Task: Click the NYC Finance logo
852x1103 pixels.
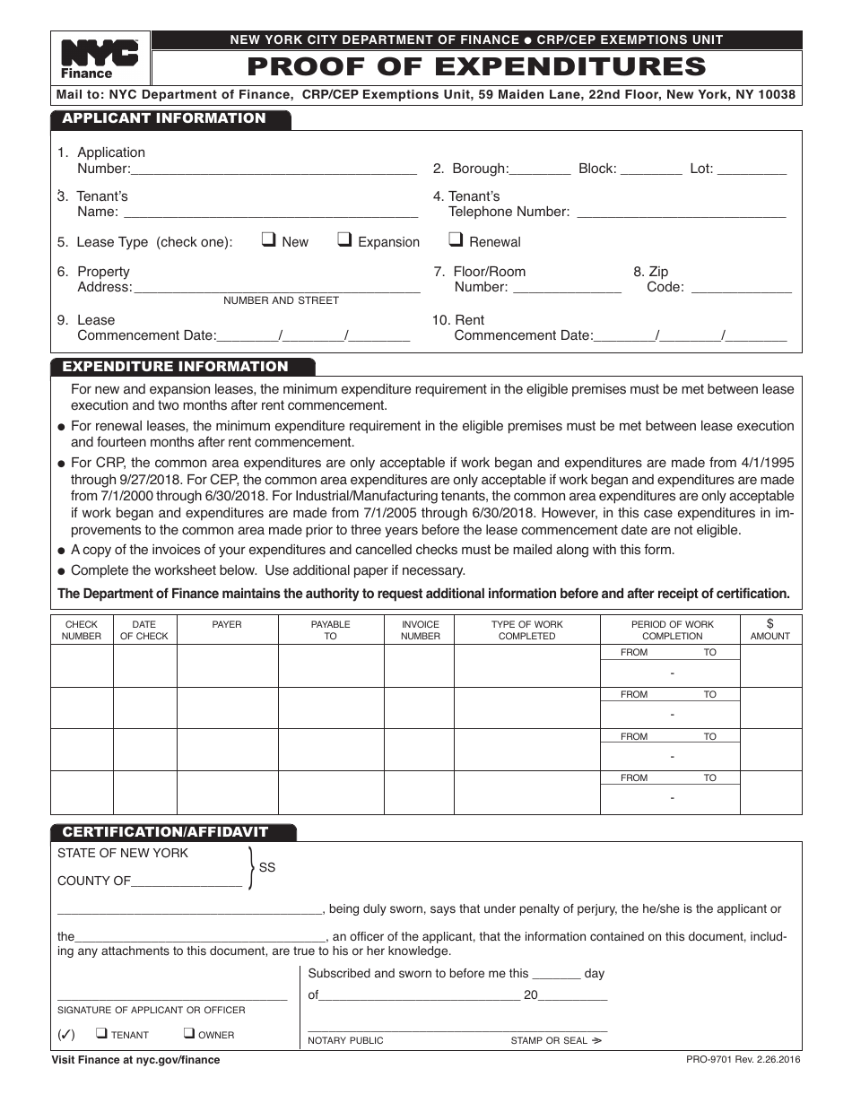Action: [x=99, y=59]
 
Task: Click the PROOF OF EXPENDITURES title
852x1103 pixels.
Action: [x=476, y=67]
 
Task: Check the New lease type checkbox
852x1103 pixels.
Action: [x=268, y=239]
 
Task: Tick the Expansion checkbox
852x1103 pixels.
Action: [x=344, y=239]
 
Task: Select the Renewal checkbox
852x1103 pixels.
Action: [x=456, y=239]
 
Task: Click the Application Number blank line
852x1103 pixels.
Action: [x=274, y=170]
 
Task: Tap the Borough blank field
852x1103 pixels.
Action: [x=540, y=170]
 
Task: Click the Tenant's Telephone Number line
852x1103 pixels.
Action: [x=680, y=213]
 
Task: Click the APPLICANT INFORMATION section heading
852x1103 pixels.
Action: [x=164, y=118]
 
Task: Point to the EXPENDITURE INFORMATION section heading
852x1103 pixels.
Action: [x=175, y=367]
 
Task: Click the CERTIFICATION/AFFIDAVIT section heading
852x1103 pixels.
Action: [x=165, y=832]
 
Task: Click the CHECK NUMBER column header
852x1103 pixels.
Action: [x=82, y=630]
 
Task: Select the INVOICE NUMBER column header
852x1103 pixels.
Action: [x=421, y=630]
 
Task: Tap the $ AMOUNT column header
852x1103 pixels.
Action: [x=770, y=630]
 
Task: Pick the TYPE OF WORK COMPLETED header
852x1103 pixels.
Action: [x=527, y=630]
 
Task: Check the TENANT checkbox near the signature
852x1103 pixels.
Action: [x=102, y=1033]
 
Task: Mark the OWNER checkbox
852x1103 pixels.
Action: [x=189, y=1033]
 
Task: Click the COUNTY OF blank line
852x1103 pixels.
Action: [x=187, y=882]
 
